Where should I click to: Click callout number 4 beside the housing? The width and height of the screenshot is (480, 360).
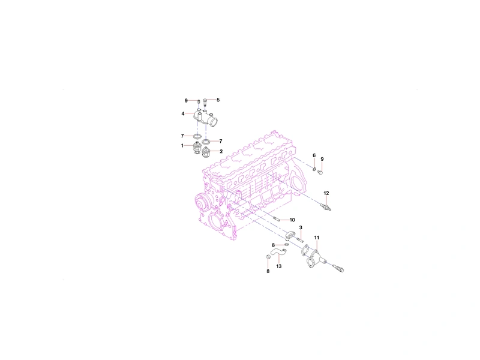coord(183,113)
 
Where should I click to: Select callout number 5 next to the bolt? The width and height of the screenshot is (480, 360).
coord(218,100)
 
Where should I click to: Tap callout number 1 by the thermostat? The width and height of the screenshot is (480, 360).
coord(182,146)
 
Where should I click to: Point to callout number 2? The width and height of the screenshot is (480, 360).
coord(221,151)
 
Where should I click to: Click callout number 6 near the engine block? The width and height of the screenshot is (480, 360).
coord(314,155)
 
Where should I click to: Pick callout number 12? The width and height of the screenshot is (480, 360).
coord(326,193)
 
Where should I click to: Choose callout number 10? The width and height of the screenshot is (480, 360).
coord(292,220)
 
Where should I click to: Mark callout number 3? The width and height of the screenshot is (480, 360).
coord(301,228)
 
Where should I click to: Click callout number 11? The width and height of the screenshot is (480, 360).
coord(317,238)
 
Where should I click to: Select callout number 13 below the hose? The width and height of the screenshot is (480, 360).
coord(278,266)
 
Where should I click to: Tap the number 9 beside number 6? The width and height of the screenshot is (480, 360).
coord(322,159)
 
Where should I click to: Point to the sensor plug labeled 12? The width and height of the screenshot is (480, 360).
coord(326,206)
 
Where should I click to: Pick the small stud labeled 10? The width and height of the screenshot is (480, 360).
coord(276,218)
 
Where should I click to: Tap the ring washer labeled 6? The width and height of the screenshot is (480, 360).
coord(314,169)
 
